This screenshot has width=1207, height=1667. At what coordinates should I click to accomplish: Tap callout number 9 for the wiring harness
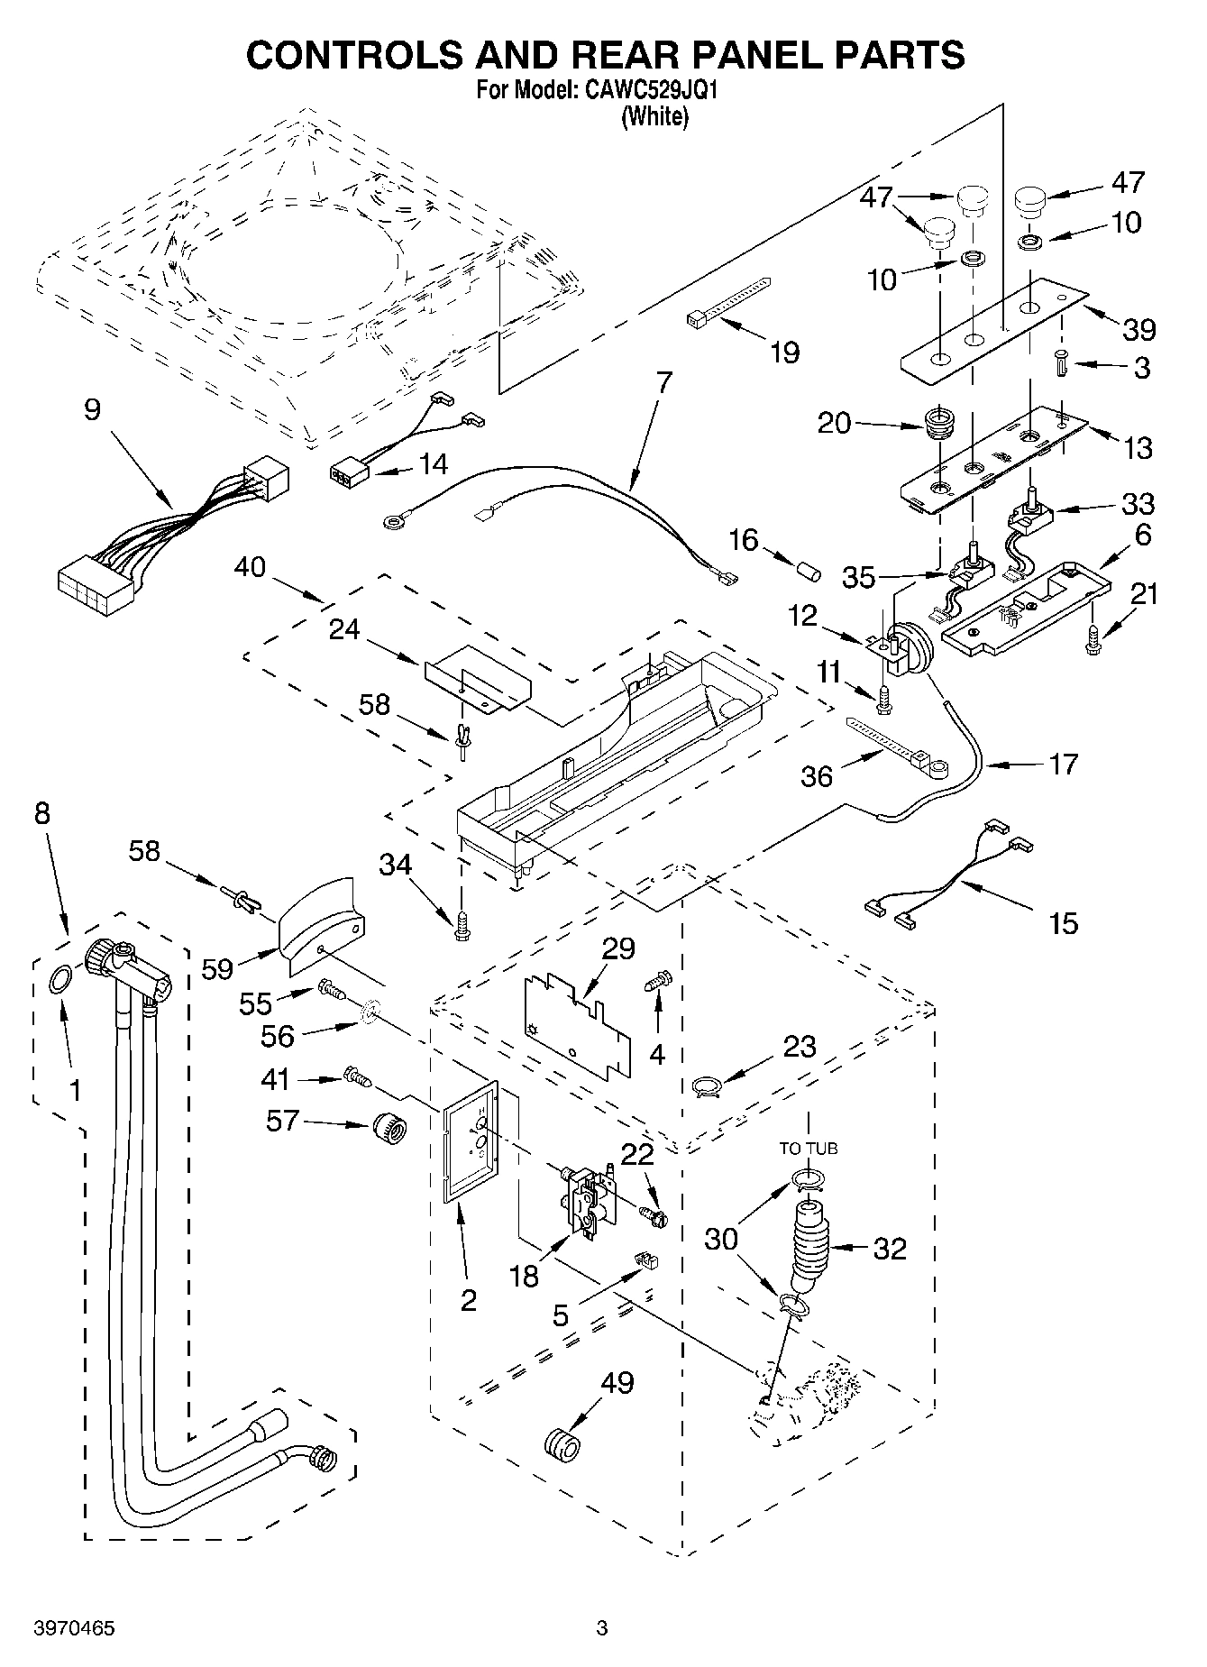tap(92, 411)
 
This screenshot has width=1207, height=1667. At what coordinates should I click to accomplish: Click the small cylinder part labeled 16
tap(809, 572)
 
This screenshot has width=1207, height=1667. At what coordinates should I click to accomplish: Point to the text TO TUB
tap(809, 1148)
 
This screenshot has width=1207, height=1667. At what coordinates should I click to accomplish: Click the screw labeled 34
tap(462, 926)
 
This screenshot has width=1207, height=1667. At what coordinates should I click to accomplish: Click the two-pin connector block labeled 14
tap(349, 472)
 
